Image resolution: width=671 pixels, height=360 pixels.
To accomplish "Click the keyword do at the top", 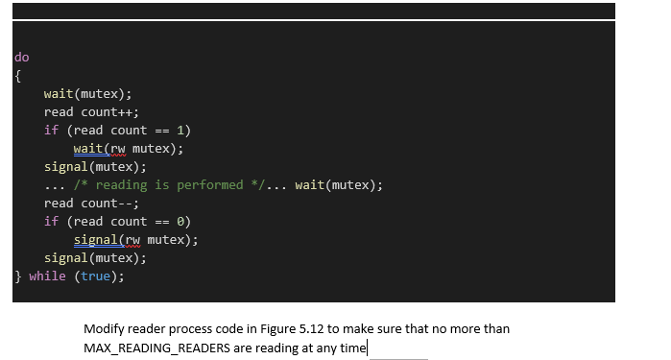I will (22, 58).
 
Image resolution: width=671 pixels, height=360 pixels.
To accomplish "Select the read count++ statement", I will (91, 111).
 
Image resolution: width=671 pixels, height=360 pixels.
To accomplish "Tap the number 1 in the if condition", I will (180, 130).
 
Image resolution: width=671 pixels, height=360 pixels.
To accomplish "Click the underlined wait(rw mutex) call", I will (128, 149).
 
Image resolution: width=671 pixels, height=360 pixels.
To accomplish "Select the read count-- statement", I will (91, 203).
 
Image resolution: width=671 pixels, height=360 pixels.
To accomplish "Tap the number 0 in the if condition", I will (180, 221).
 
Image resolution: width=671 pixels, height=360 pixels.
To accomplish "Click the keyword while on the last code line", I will (47, 276).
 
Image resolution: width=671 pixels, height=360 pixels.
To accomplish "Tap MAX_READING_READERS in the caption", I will (156, 347).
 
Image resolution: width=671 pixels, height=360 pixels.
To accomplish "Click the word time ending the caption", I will (351, 347).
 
